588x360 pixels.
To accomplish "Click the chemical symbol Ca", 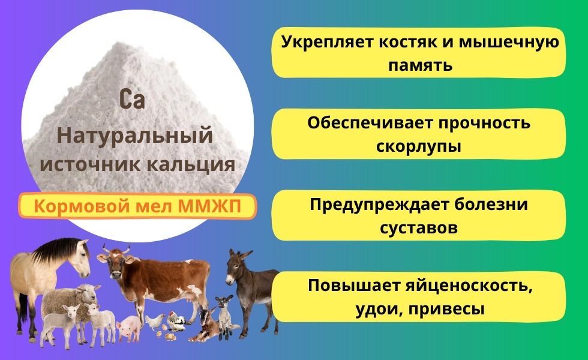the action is coord(132,100).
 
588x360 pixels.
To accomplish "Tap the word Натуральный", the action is coord(134,136).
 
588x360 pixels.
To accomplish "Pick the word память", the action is coord(420,65).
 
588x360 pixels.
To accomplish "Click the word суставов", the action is coord(419,227).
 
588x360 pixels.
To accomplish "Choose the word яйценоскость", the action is coord(469,287).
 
